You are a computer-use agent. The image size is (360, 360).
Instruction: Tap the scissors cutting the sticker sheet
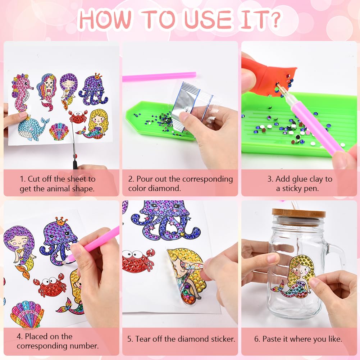[74, 142]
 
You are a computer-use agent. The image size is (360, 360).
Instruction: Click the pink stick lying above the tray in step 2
[159, 77]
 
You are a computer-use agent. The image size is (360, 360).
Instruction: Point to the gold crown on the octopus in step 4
[61, 221]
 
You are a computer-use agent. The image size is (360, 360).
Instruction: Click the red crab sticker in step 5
[138, 260]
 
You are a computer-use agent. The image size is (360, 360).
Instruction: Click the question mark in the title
[274, 19]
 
